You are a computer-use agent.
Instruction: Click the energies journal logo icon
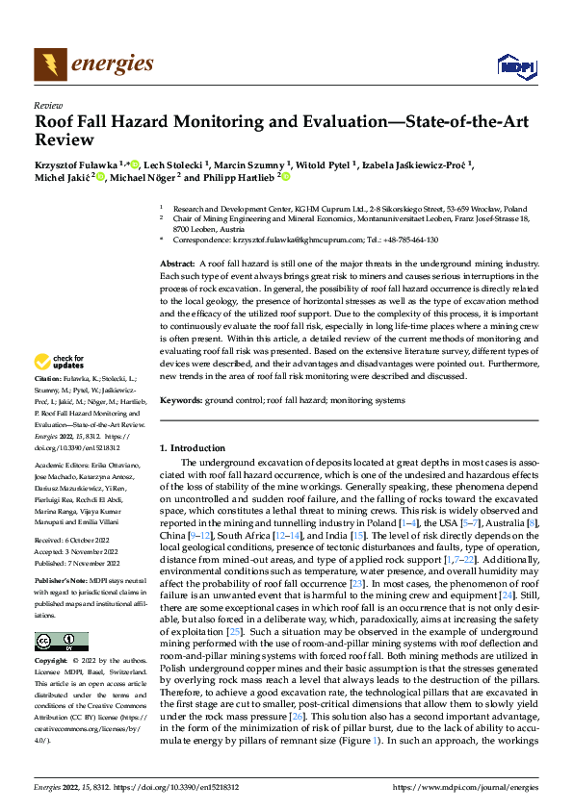[x=48, y=64]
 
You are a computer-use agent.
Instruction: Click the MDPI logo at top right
[x=515, y=65]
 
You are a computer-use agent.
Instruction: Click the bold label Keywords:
[x=180, y=400]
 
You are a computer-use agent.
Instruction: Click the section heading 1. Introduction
[x=192, y=447]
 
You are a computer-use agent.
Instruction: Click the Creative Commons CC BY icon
[x=62, y=642]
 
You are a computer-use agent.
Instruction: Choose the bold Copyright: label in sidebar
[x=54, y=662]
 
